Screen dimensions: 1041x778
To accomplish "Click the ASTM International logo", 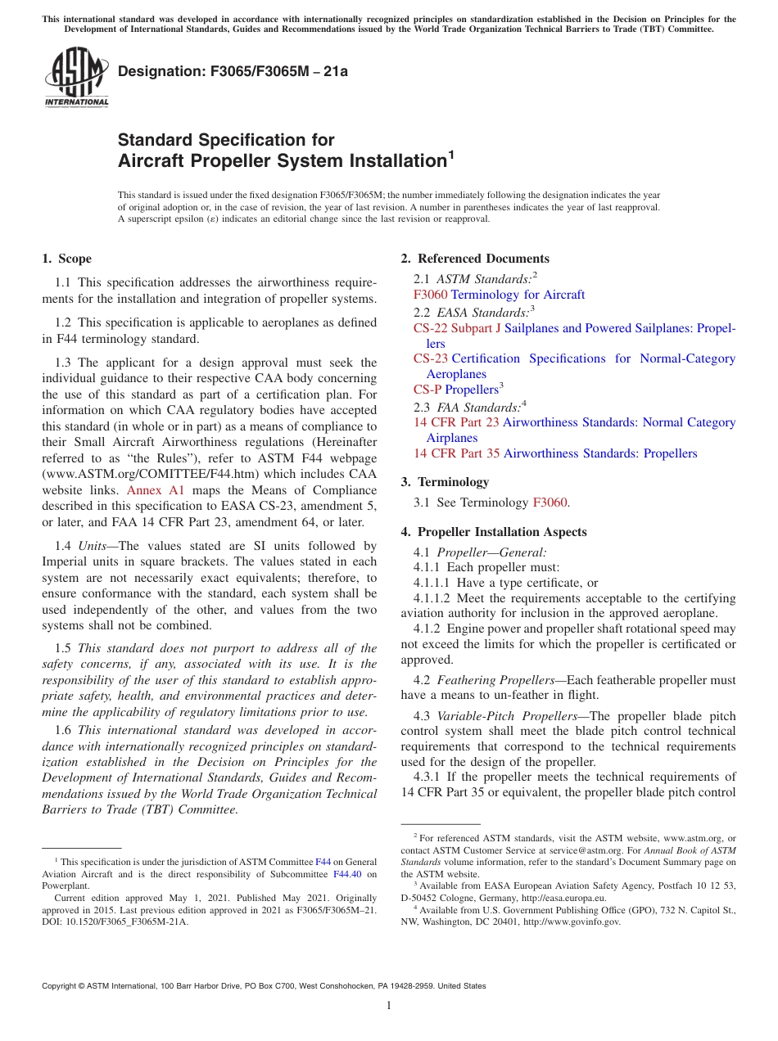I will pos(76,77).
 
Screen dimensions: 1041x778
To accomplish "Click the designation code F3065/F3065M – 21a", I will pos(233,71).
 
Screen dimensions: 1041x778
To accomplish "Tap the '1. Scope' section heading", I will pos(67,259).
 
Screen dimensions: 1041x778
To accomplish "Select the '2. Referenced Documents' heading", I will pos(475,259).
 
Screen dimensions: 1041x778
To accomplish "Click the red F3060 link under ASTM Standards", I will pos(430,295).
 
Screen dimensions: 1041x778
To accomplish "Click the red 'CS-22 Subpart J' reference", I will pos(457,328).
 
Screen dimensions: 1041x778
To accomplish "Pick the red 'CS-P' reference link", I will pos(427,390).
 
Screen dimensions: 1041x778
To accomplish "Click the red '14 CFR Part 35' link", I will pos(456,453).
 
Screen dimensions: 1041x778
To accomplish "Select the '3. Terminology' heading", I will pos(445,482).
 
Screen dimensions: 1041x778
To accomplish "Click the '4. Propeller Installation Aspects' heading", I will pos(494,532).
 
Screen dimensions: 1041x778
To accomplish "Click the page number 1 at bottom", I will pos(389,1005).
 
